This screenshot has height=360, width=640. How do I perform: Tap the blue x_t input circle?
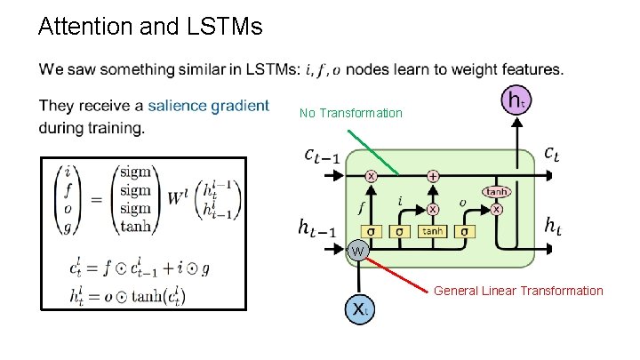pos(357,310)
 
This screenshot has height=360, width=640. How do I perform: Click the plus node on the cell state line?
pos(433,176)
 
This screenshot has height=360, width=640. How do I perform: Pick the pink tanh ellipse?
pos(497,191)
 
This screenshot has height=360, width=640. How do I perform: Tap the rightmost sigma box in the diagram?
pos(463,231)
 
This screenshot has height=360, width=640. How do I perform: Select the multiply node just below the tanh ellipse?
pos(497,209)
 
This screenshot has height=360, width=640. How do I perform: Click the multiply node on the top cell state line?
pos(371,176)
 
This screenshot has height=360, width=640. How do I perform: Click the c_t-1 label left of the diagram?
pos(320,156)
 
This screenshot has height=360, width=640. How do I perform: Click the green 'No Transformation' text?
pos(350,114)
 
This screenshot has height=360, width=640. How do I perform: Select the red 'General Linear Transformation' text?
pos(518,291)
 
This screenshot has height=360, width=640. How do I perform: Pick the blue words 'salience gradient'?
pos(208,107)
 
